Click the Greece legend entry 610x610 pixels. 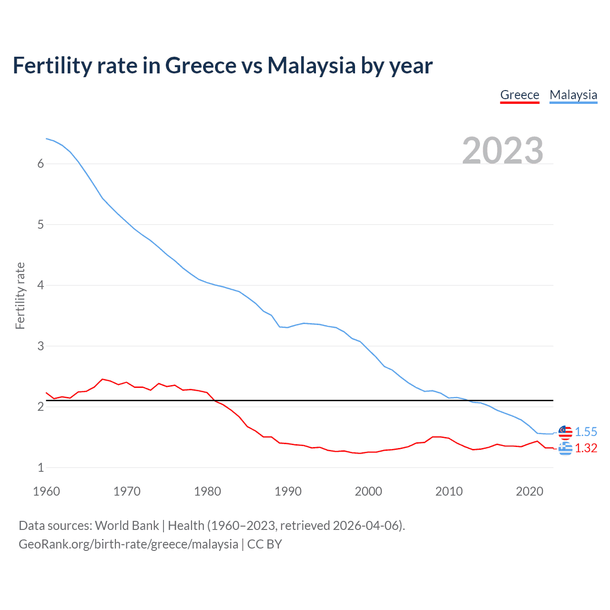[519, 95]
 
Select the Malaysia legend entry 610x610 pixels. [573, 95]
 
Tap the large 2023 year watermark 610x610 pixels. [503, 151]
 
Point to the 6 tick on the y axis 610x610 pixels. [41, 164]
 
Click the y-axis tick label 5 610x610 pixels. [41, 224]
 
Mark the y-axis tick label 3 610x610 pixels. [41, 346]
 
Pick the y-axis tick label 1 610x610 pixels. [41, 468]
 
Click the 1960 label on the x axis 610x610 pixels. [46, 491]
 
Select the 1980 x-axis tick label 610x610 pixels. [207, 491]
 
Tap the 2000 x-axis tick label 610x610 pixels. [368, 491]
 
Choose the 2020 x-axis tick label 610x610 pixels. [529, 491]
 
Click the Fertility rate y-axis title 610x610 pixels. [20, 295]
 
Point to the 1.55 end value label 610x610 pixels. [586, 432]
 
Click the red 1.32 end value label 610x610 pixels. [586, 448]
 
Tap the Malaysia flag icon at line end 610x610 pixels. [565, 432]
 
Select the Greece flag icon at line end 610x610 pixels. [565, 448]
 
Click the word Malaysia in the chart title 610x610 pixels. [311, 65]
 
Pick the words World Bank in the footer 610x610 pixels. [127, 526]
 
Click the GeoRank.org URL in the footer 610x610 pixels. [128, 544]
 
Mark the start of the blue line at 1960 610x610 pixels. [47, 139]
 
